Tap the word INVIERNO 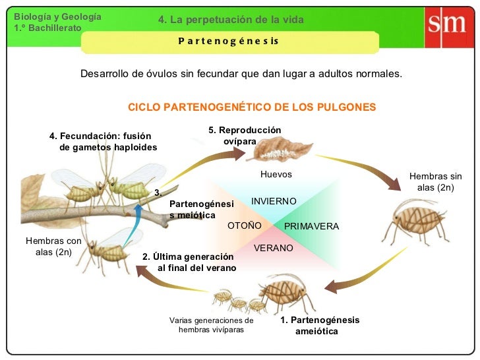coord(274,200)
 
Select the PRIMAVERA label coord(311,226)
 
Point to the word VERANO coord(274,248)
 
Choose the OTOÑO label coord(245,226)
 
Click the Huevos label coord(276,174)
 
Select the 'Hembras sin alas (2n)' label coord(436,183)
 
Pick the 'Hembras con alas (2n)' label coord(53,247)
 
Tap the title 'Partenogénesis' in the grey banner coord(229,42)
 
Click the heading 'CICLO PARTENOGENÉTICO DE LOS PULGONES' coord(251,107)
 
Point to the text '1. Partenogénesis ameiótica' coord(320,325)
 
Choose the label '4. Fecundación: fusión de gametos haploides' coord(104,141)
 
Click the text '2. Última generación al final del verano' coord(189,262)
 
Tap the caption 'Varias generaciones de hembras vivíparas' coord(211,325)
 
